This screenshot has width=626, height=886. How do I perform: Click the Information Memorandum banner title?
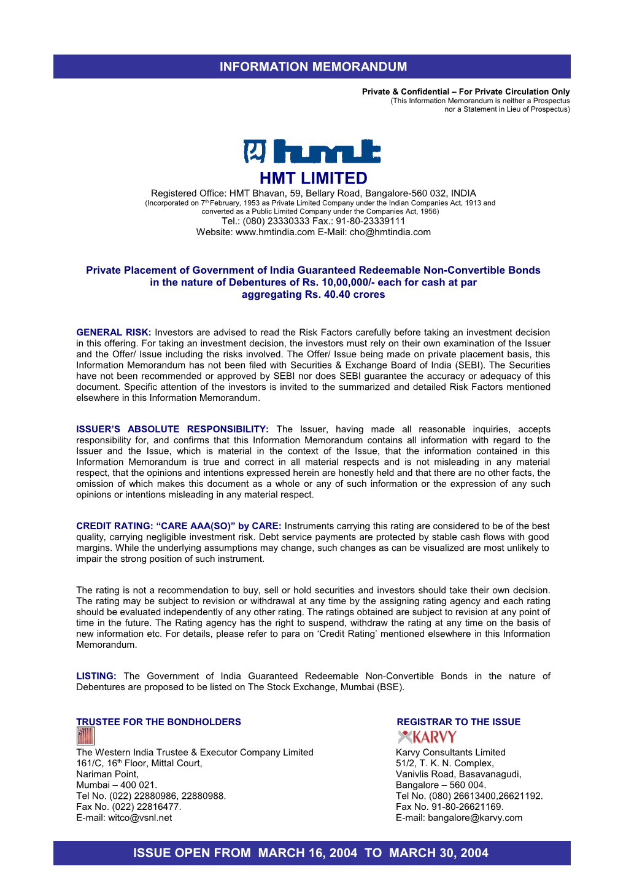coord(313,66)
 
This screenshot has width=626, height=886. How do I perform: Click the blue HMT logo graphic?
coord(312,151)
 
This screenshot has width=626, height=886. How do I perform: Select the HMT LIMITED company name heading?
coord(313,178)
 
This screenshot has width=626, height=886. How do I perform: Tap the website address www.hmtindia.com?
coord(275,232)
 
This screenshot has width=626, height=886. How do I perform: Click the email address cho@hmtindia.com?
coord(390,232)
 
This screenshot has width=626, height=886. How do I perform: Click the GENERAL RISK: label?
coord(114,332)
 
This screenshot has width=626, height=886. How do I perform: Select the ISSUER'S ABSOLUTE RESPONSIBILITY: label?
coord(172,429)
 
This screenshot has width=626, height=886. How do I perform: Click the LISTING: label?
coord(96,676)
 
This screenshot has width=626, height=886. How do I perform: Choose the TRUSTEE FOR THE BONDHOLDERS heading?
coord(158,722)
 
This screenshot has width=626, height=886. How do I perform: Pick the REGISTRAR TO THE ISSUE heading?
coord(458,722)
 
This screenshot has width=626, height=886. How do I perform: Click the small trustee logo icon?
coord(85,736)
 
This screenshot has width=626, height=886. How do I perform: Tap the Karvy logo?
coord(427,737)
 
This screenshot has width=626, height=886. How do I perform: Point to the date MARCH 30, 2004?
coord(439,853)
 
